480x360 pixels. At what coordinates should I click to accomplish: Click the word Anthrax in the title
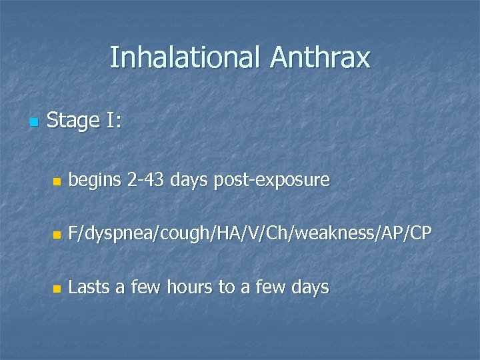[320, 58]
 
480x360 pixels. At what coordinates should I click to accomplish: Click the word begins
[94, 180]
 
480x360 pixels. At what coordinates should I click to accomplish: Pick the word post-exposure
[272, 180]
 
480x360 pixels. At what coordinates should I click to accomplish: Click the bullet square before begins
[57, 181]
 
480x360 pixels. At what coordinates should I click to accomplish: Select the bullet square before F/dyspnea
[57, 235]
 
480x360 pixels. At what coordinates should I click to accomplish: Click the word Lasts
[89, 287]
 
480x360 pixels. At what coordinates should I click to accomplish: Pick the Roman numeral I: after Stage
[113, 121]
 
